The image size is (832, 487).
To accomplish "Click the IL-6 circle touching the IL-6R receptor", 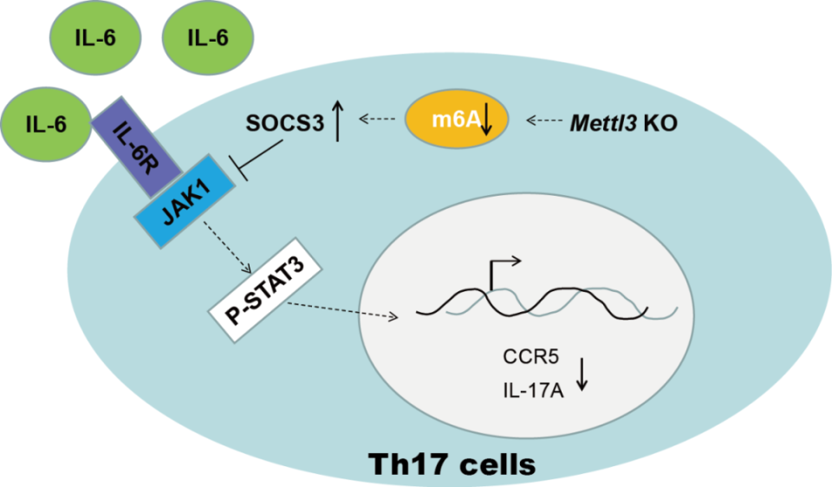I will coord(47,124).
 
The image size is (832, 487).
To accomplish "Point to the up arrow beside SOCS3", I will coord(338,122).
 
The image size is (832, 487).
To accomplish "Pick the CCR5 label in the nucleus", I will coord(526,356).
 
